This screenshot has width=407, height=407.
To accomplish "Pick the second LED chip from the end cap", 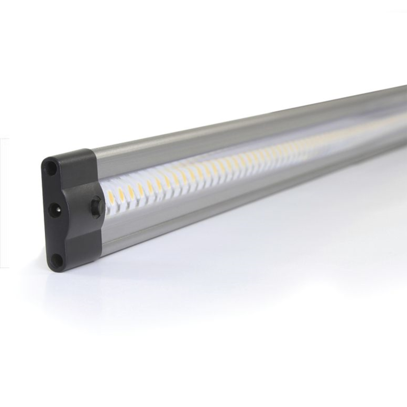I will [121, 193].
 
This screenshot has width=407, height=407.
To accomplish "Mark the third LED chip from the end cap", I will [131, 190].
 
